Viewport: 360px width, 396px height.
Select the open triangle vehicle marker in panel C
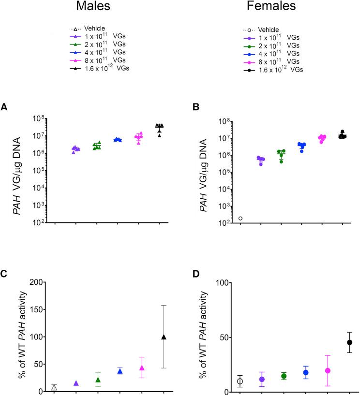[54, 387]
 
